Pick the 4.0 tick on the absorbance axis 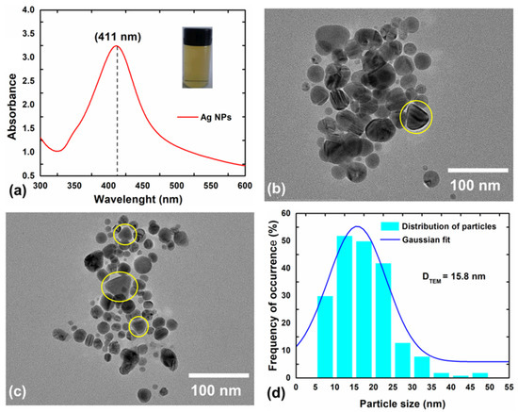28,10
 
